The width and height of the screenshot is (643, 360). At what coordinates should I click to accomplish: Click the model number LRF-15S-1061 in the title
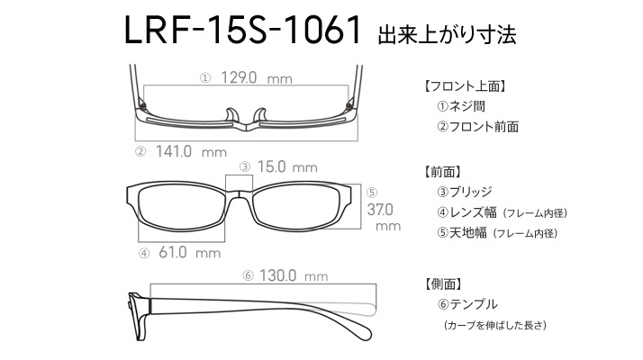click(x=242, y=30)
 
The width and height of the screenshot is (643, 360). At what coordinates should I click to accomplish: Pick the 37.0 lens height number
click(x=380, y=210)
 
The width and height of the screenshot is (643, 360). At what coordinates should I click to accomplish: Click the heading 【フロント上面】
click(x=465, y=86)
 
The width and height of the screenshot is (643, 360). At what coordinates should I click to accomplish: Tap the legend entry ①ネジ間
click(x=461, y=106)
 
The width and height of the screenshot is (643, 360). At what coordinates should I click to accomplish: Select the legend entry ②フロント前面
click(x=478, y=127)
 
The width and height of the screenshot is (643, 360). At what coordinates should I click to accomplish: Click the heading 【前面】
click(x=442, y=172)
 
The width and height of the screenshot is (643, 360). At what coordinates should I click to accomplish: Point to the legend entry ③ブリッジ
click(x=465, y=192)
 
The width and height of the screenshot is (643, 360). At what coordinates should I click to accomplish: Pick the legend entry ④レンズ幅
click(x=467, y=212)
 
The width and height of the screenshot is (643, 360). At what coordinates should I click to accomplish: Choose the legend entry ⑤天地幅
click(x=462, y=233)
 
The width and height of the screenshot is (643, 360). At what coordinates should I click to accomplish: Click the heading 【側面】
click(x=443, y=283)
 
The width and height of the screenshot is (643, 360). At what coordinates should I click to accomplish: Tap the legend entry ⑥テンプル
click(x=468, y=304)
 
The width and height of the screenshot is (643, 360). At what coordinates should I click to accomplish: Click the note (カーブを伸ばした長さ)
click(x=495, y=325)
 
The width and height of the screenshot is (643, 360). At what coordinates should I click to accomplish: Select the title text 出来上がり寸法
click(x=447, y=35)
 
